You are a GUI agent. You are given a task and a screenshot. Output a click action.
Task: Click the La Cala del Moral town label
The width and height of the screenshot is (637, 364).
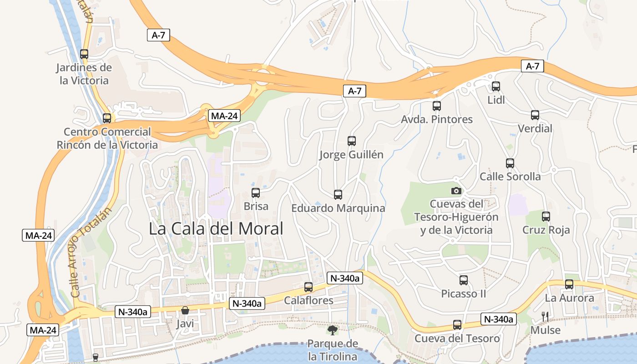(x=216, y=228)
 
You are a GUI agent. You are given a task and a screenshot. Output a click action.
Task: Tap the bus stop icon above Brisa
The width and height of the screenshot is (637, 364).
(x=256, y=193)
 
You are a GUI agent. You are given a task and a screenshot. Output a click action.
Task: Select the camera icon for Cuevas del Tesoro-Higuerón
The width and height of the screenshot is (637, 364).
(x=456, y=191)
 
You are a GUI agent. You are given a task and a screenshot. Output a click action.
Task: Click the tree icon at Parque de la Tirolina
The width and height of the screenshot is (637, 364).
(x=333, y=330)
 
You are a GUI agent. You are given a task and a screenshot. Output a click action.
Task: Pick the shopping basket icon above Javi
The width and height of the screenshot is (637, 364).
(x=185, y=311)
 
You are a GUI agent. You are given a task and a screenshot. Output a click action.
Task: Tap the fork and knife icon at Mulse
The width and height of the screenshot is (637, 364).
(x=545, y=316)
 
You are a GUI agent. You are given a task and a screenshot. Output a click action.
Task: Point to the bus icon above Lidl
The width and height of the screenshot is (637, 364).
(x=496, y=86)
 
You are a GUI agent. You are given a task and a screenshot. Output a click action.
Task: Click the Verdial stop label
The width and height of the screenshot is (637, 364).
(x=535, y=129)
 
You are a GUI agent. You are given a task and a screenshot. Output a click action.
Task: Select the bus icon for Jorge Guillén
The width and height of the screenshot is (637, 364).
(x=351, y=141)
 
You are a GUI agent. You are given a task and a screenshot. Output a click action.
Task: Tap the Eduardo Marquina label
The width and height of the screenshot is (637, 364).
(x=338, y=208)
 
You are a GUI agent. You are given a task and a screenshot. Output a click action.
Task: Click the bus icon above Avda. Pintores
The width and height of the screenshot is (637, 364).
(x=437, y=106)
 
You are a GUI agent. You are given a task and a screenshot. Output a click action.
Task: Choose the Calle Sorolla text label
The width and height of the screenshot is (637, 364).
(x=510, y=177)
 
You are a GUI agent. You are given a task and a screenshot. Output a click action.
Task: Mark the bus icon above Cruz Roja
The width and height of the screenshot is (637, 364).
(x=546, y=217)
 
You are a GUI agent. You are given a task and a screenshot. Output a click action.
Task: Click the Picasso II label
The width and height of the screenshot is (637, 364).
(x=464, y=294)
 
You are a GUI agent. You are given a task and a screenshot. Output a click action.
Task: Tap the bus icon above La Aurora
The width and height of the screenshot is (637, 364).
(x=569, y=284)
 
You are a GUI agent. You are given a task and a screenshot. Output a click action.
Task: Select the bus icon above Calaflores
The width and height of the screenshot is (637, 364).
(x=308, y=287)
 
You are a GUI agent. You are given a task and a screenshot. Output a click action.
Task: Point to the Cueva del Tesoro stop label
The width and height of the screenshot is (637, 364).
(x=457, y=339)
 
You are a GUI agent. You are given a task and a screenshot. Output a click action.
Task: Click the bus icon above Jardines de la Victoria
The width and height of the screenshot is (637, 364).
(x=84, y=54)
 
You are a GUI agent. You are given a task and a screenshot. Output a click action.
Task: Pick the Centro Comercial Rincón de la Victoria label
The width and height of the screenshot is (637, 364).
(x=107, y=138)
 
